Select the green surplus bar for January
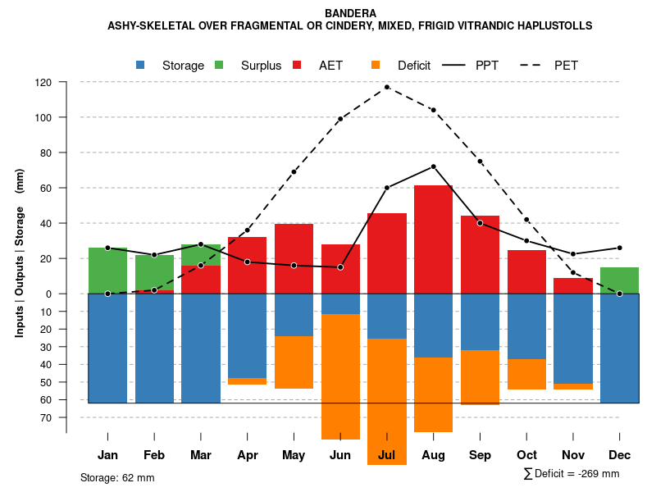click(x=107, y=271)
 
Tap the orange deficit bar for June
click(x=340, y=376)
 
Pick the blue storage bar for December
click(x=619, y=348)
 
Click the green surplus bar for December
click(x=619, y=280)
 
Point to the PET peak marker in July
click(x=387, y=87)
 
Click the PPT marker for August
click(x=433, y=166)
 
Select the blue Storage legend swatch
click(x=141, y=65)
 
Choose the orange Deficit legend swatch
click(x=376, y=65)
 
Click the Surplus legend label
click(x=261, y=65)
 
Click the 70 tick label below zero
click(x=46, y=417)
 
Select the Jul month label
click(x=387, y=455)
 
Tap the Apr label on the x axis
click(x=248, y=455)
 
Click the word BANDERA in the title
click(x=350, y=13)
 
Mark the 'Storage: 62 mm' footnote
click(x=117, y=477)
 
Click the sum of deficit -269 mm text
click(x=571, y=473)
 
